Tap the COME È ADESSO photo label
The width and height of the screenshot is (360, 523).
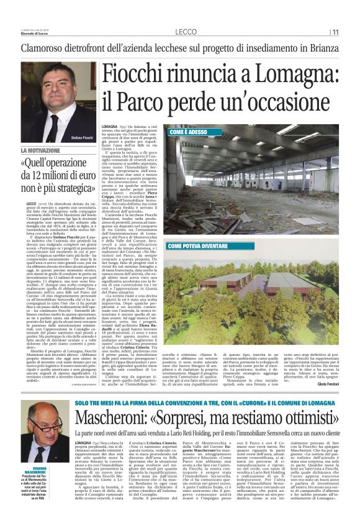tap(189, 133)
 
